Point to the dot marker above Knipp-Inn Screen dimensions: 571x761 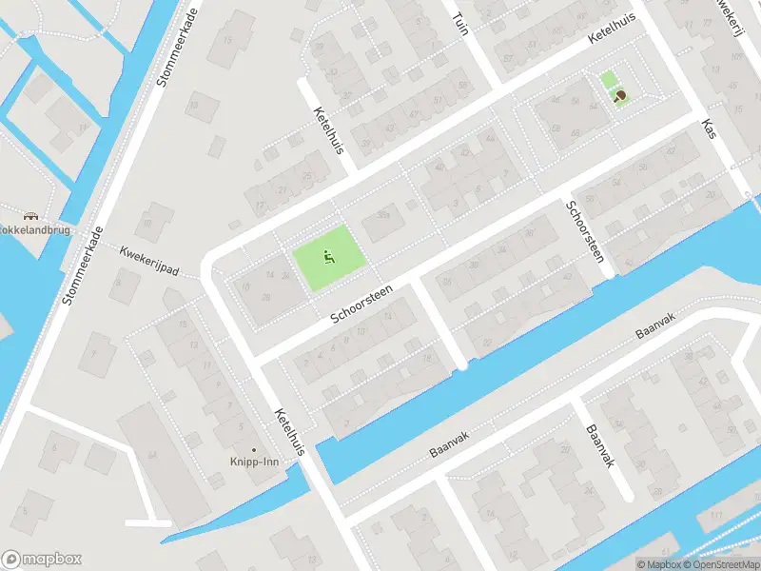[253, 449]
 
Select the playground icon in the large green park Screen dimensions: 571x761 [328, 255]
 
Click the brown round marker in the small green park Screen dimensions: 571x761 [621, 95]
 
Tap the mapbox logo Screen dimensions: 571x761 [42, 559]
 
